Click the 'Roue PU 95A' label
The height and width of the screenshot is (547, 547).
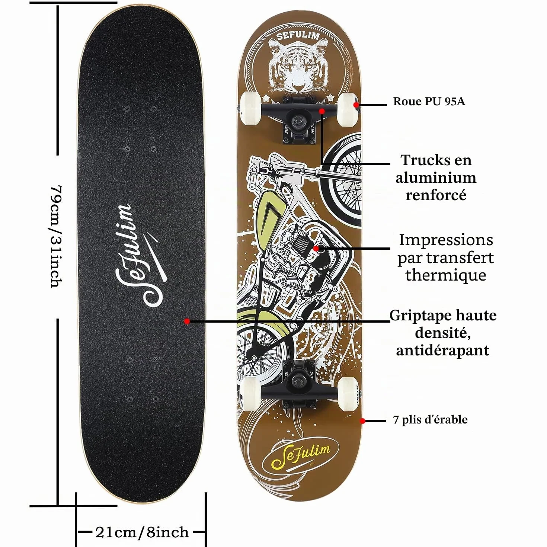[429, 102]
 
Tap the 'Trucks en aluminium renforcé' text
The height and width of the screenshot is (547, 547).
[436, 177]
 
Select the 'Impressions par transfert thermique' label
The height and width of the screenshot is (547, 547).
[446, 257]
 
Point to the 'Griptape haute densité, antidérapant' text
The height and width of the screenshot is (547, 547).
[443, 332]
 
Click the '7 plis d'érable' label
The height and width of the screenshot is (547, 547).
[430, 419]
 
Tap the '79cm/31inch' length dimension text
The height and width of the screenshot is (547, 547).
[56, 237]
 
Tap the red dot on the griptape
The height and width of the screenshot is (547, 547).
[187, 322]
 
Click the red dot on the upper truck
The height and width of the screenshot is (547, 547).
[322, 111]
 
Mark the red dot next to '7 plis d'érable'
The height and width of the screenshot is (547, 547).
[362, 421]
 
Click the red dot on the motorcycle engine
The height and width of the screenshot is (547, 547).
[316, 249]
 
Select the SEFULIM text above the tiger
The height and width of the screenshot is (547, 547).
[298, 36]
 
